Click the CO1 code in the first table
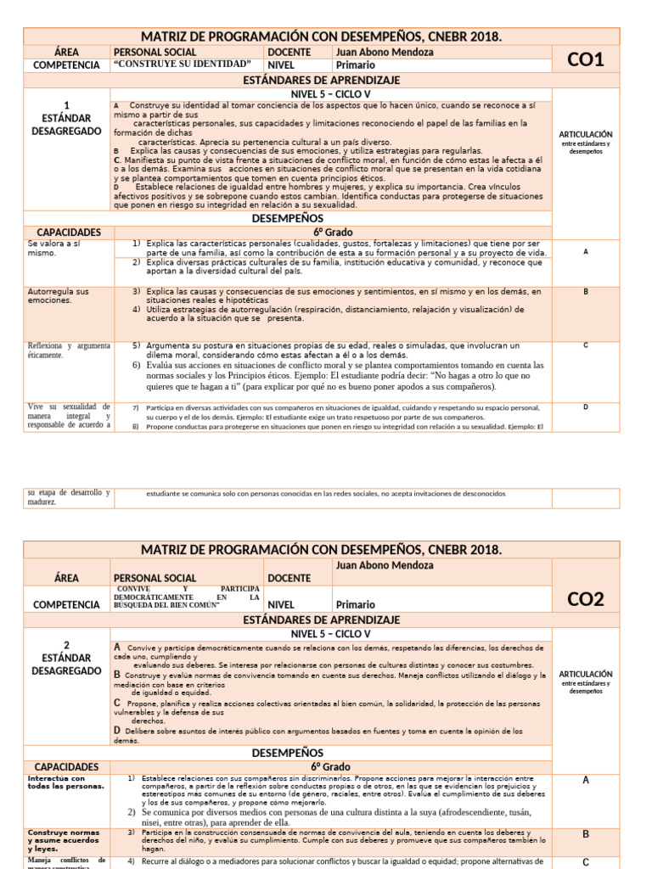tap(585, 59)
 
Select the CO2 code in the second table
tap(585, 599)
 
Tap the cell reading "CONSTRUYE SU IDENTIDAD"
tap(183, 64)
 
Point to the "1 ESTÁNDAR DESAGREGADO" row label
tap(66, 118)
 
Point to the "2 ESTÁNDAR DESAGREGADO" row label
tap(66, 658)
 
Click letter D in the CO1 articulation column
tap(586, 407)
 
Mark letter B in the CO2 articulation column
tap(586, 834)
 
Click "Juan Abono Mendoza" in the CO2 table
tap(385, 565)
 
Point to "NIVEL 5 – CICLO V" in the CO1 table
tap(331, 94)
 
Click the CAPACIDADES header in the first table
tap(68, 232)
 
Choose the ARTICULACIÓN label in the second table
tap(586, 674)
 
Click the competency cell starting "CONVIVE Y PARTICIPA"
tap(188, 597)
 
